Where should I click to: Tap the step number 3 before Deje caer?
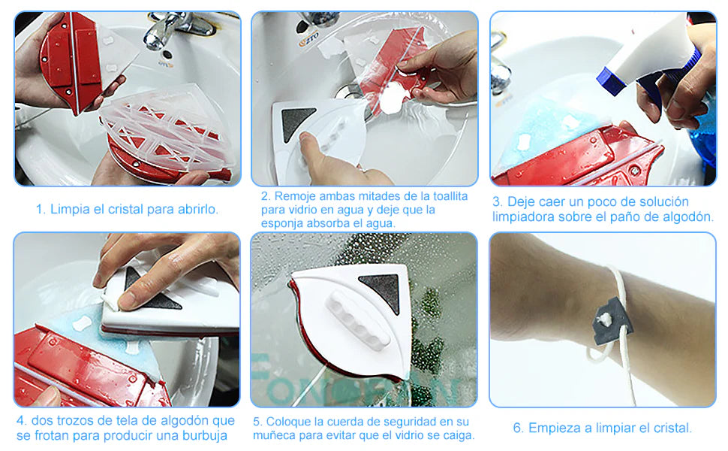497,201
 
